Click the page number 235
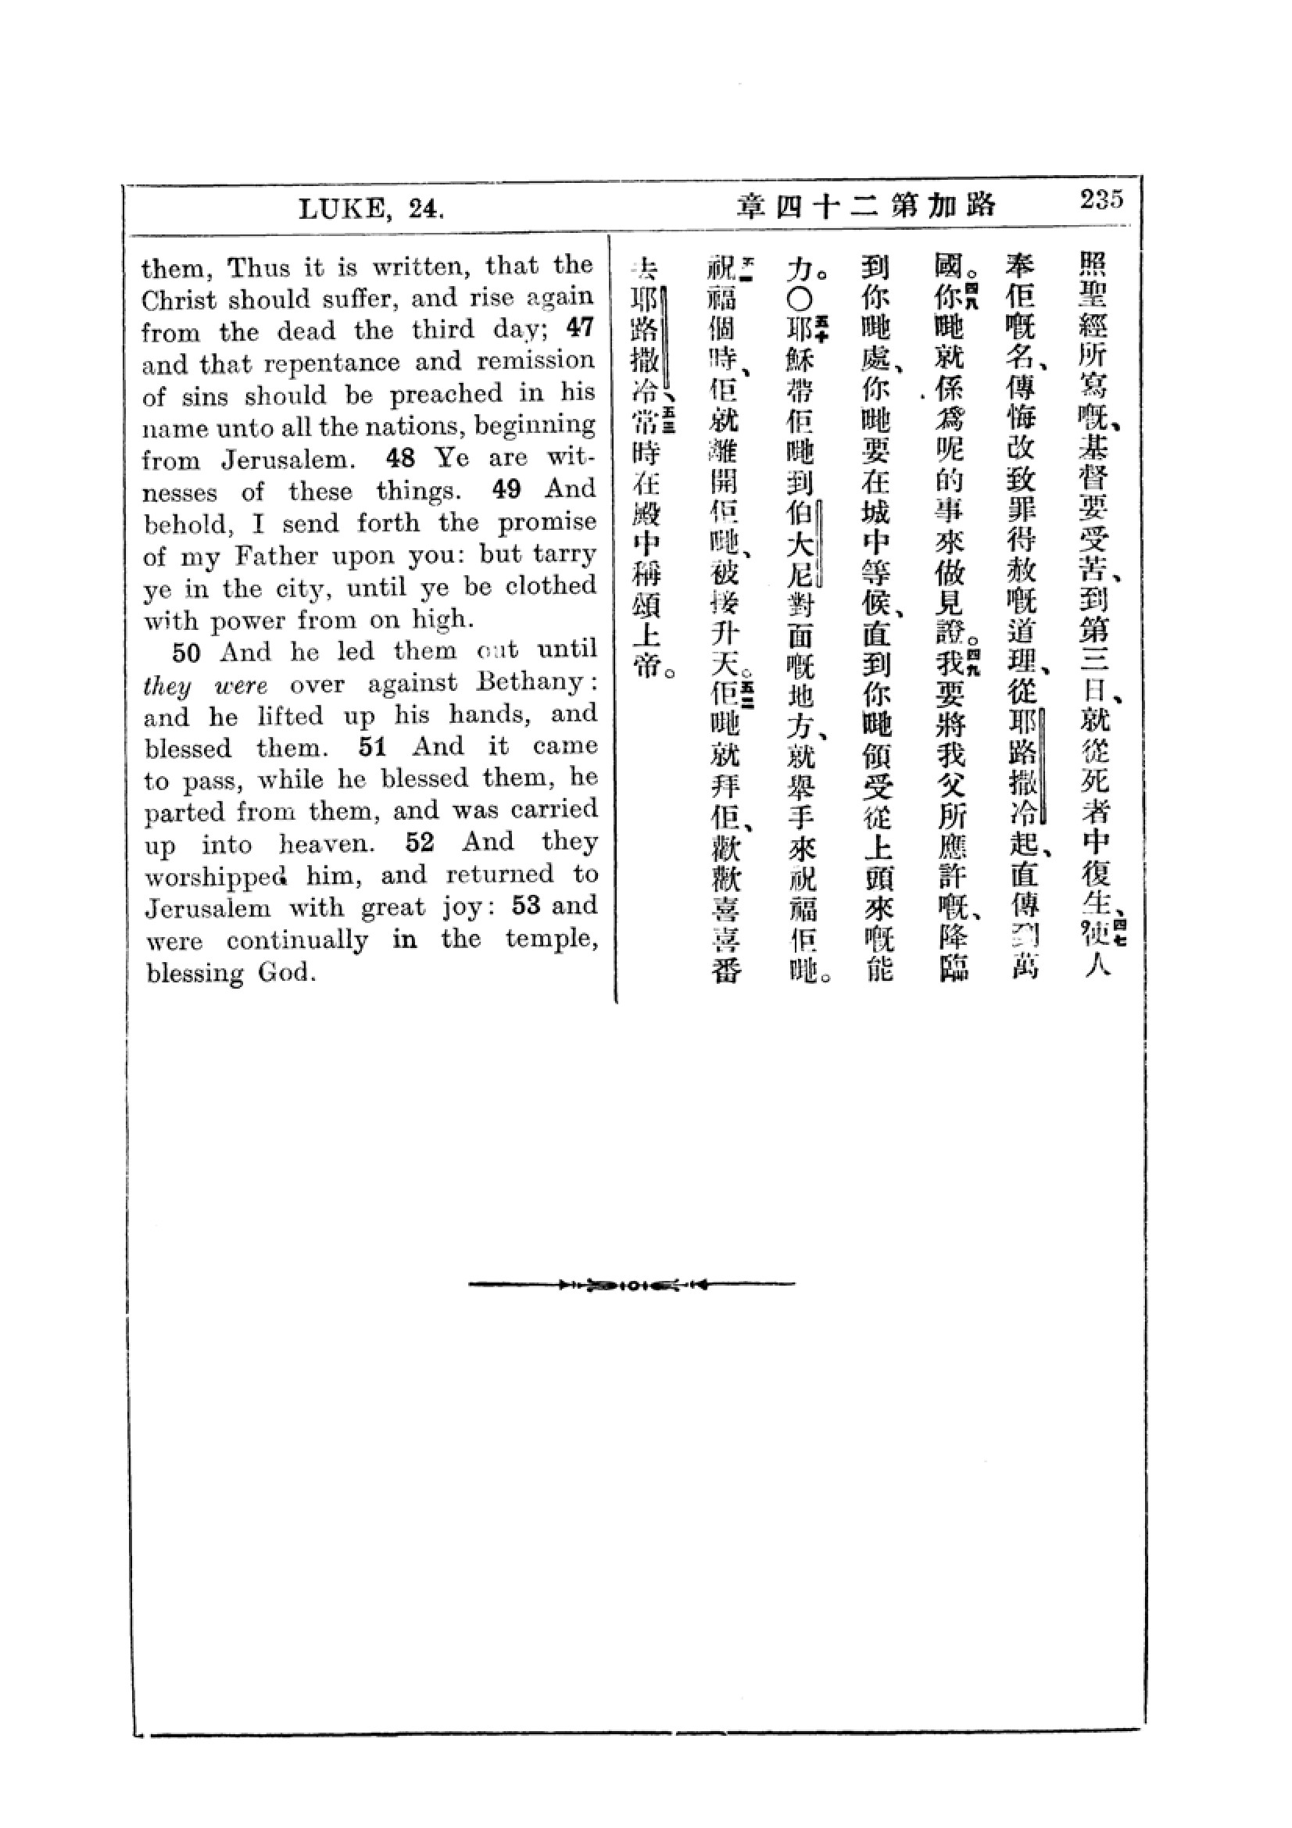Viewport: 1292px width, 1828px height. [1101, 199]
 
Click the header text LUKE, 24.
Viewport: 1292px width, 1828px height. [371, 209]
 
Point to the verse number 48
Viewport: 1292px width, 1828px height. [402, 458]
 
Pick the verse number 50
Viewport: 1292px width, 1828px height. [185, 653]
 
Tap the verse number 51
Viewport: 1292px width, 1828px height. [372, 747]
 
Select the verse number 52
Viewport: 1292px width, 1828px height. [420, 842]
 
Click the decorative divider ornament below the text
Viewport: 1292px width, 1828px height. [632, 1284]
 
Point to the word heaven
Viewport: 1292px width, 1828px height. [326, 844]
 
